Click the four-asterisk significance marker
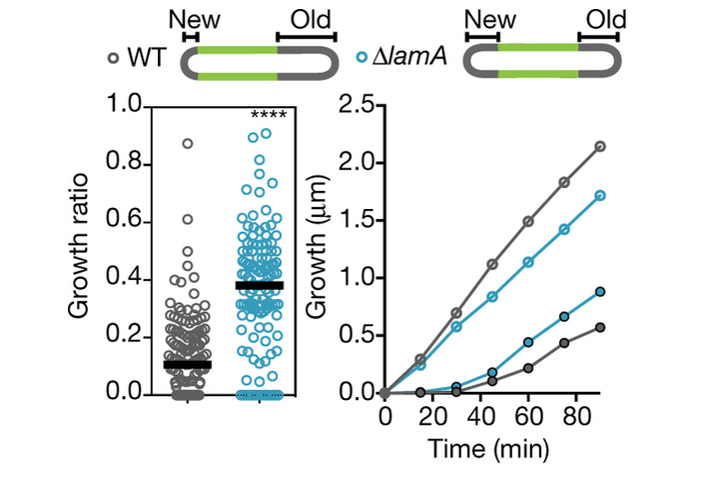(268, 115)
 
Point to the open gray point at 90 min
(601, 146)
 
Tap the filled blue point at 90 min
(601, 292)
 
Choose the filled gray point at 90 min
(601, 327)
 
